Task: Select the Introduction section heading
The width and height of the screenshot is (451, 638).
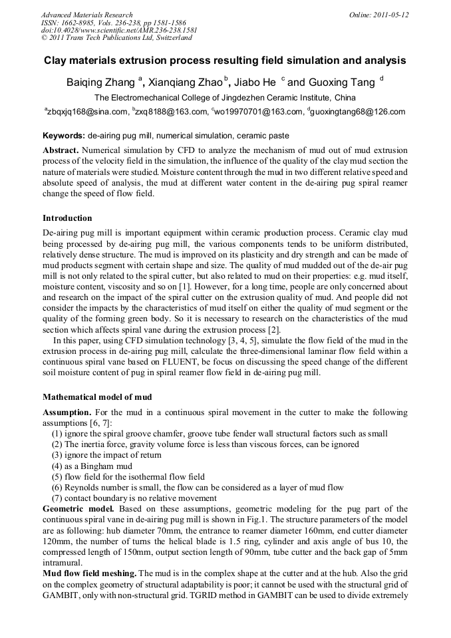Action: point(67,218)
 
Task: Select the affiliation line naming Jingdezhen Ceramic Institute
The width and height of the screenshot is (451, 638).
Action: point(225,98)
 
